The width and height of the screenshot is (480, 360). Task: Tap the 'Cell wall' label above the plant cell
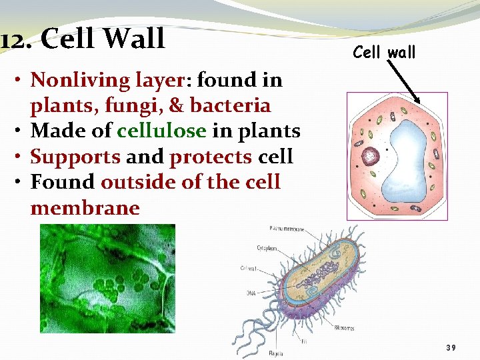point(384,51)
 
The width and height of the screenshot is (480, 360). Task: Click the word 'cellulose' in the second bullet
point(161,131)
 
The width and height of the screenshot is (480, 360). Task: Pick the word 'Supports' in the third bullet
point(75,157)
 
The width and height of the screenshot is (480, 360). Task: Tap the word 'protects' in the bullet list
point(211,157)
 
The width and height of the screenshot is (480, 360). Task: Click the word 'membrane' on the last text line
point(85,208)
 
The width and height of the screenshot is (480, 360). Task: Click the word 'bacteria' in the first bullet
point(230,105)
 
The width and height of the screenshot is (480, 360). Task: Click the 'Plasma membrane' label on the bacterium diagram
point(286,229)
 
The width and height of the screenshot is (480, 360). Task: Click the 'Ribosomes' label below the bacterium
point(345,328)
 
